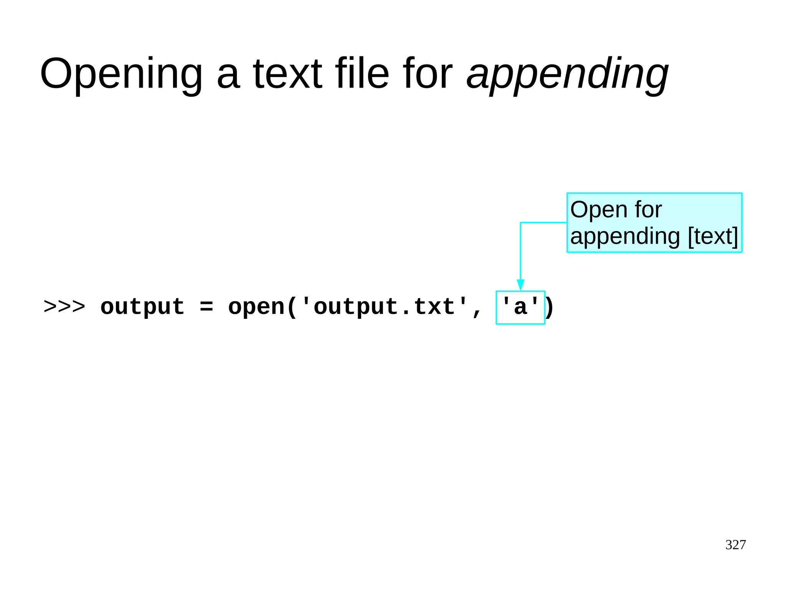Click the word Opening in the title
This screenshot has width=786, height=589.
click(121, 74)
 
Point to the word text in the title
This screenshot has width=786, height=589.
click(287, 74)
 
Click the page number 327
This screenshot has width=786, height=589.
click(735, 544)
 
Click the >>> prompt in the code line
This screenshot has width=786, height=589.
click(64, 307)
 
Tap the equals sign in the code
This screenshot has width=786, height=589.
click(206, 307)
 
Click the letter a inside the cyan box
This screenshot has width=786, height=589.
click(520, 308)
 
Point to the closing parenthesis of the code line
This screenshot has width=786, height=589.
click(550, 308)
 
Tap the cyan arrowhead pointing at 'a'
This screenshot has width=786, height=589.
click(520, 285)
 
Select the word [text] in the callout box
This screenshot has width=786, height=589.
click(713, 236)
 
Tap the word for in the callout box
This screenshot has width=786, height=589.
click(648, 210)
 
